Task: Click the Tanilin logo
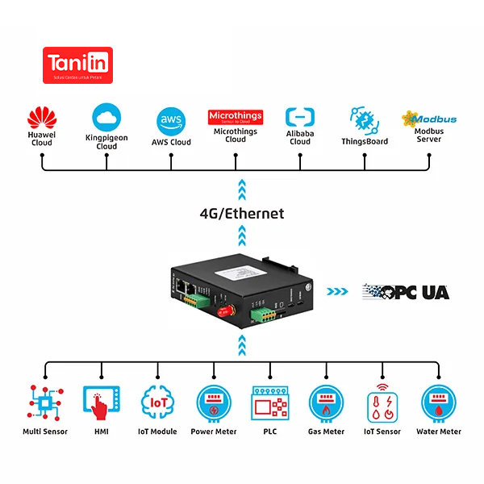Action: click(77, 65)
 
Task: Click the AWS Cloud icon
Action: click(171, 121)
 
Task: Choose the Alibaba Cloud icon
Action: click(300, 118)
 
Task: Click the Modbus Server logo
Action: click(429, 119)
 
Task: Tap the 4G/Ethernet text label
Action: click(242, 214)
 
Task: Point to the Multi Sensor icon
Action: click(45, 402)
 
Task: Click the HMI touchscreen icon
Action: click(101, 402)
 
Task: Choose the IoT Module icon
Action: click(157, 402)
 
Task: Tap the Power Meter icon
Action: click(214, 402)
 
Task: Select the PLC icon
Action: click(270, 402)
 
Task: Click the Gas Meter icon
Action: click(326, 402)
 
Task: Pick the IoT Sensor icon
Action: click(382, 402)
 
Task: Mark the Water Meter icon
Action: click(439, 402)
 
